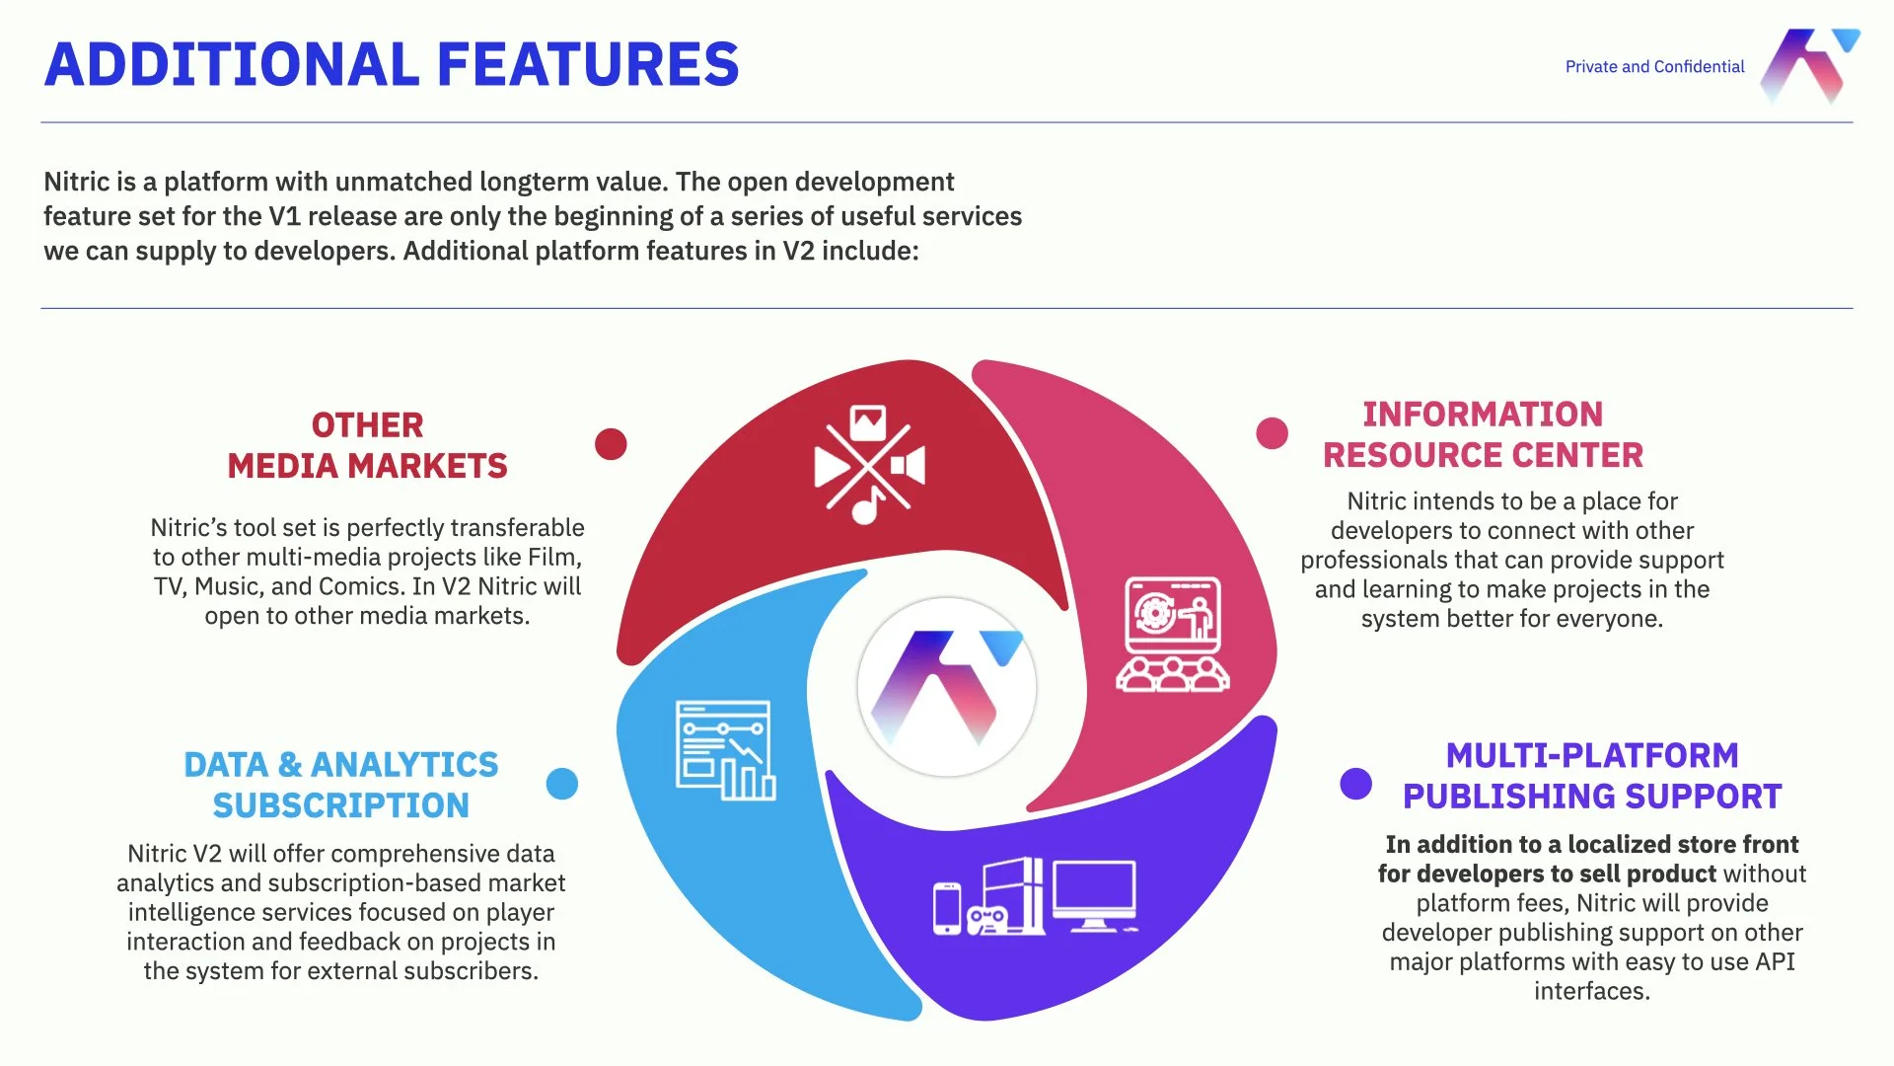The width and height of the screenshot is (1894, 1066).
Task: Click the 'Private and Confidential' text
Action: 1654,67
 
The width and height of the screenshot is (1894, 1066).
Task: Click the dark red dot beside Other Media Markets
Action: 611,444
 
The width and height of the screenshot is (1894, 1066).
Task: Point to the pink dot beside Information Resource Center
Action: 1272,433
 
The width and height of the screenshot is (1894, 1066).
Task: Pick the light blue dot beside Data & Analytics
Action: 562,784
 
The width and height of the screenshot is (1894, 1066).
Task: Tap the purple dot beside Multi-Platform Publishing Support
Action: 1355,784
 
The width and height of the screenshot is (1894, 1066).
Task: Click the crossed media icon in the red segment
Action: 869,464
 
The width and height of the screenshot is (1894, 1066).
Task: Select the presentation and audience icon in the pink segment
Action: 1173,634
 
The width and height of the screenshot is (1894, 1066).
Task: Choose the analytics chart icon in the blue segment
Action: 725,750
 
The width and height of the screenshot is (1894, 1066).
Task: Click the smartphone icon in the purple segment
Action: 947,908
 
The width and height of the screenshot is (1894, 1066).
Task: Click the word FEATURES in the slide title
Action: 588,65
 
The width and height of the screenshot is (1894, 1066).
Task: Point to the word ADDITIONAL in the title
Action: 232,65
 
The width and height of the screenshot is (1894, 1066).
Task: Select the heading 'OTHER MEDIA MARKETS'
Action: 367,445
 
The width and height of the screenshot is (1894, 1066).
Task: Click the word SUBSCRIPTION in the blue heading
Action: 341,805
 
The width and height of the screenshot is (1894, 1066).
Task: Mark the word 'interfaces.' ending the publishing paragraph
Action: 1591,991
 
